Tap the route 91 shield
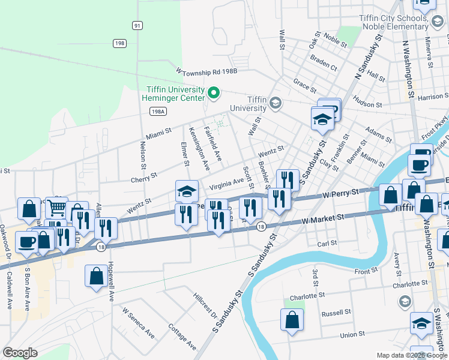(x=138, y=25)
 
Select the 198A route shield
(x=157, y=112)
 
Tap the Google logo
(x=20, y=353)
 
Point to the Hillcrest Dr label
(x=205, y=305)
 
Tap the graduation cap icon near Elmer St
(x=187, y=191)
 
